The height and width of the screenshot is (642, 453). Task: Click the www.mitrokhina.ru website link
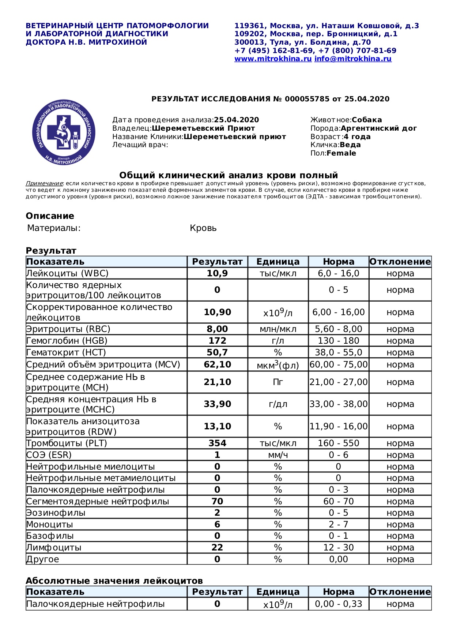point(273,59)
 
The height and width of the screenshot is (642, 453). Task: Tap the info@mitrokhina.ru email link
point(353,59)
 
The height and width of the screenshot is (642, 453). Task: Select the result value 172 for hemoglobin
point(217,341)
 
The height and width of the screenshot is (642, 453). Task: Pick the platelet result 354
point(217,443)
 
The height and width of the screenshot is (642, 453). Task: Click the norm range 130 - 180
point(338,341)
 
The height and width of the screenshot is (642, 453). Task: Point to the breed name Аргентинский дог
point(378,128)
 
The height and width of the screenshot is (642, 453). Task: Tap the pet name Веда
point(350,145)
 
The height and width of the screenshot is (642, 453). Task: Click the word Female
point(341,153)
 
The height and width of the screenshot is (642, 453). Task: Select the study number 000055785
point(307,99)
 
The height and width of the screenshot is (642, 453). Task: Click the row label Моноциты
point(50,525)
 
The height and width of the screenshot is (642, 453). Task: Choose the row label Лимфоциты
point(54,548)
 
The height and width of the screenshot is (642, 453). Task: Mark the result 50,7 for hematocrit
point(217,352)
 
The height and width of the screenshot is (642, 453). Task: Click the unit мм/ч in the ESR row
point(278,455)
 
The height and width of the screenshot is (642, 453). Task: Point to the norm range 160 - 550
point(338,443)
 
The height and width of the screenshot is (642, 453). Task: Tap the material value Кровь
point(203,228)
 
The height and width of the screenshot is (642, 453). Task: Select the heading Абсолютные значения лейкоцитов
point(114,581)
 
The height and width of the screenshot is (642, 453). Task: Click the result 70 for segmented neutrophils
point(217,501)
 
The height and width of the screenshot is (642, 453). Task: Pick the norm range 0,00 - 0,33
point(338,604)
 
